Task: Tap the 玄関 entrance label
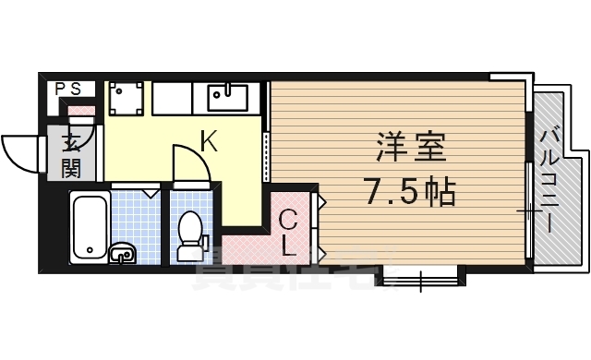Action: coord(71,156)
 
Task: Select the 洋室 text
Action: coord(410,148)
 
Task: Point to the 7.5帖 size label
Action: coord(410,191)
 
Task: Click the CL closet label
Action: coord(288,233)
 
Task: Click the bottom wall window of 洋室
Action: coord(420,274)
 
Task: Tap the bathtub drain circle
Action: coord(89,248)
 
